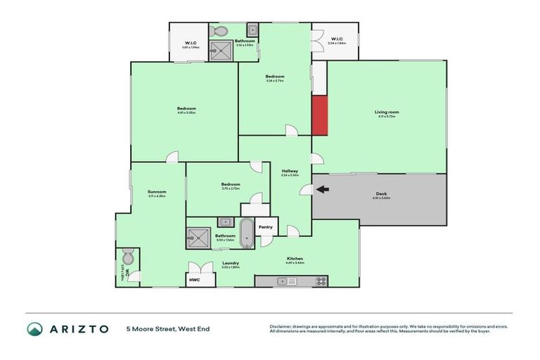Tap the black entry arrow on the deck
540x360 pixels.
point(322,188)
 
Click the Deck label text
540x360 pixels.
point(381,194)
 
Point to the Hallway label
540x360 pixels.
point(290,171)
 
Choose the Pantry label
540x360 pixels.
point(265,226)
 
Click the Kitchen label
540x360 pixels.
point(295,259)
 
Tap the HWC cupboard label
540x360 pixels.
point(193,280)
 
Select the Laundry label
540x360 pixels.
point(231,264)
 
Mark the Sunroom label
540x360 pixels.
point(157,192)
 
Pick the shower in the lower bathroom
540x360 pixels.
point(198,238)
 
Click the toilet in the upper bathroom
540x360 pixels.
point(220,31)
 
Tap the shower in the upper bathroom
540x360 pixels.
point(223,50)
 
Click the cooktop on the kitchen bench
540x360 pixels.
point(320,281)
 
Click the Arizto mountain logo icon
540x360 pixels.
point(34,329)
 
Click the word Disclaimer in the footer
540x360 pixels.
point(281,326)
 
